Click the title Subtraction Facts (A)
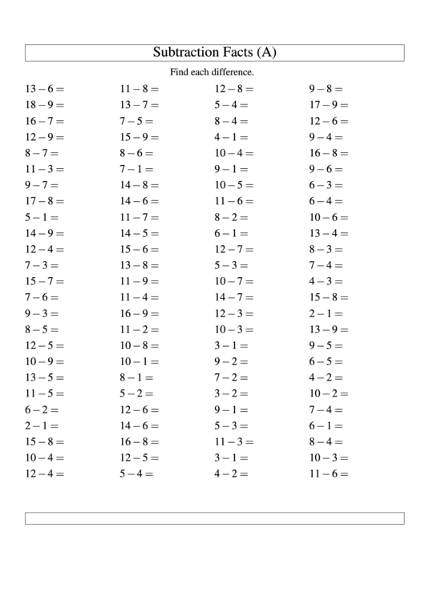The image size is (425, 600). [213, 53]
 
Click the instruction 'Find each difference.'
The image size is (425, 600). [212, 73]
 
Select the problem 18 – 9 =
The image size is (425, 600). [45, 105]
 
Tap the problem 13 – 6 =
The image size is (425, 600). [45, 89]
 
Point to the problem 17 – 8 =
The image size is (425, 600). [45, 201]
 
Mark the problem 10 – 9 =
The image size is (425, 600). [45, 361]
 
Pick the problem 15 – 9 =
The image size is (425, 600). [140, 137]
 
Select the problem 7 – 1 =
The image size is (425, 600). [136, 169]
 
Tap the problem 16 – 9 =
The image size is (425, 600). [140, 313]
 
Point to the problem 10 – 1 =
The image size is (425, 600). [140, 361]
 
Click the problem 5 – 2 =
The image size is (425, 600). [136, 393]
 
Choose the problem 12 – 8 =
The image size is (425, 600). [234, 89]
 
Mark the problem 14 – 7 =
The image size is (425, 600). [234, 297]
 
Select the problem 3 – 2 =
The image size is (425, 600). [231, 393]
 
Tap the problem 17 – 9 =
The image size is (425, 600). [329, 105]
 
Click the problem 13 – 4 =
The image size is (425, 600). [329, 233]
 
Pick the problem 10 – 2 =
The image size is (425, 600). [329, 393]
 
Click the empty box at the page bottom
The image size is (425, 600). [213, 518]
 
